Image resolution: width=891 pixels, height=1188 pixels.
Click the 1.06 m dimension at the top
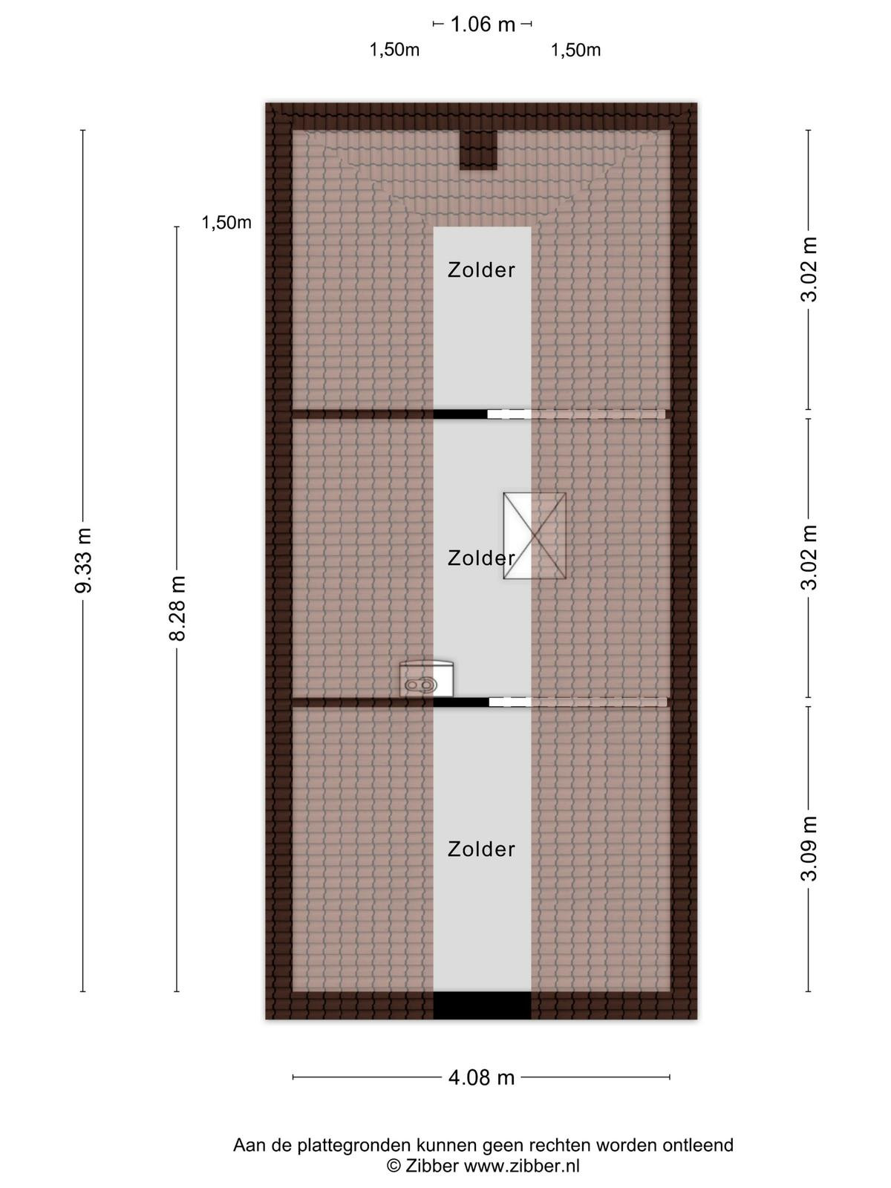[x=483, y=25]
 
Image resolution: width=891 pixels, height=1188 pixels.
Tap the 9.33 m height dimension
[x=84, y=560]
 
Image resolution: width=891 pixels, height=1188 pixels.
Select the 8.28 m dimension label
[x=177, y=608]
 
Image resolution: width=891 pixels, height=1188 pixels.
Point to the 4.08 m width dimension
[x=481, y=1077]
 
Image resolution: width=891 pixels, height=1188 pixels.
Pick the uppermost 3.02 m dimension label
[x=809, y=269]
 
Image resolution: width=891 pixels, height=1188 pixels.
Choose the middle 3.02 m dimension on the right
[x=809, y=557]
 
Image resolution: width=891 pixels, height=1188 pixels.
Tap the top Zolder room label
[x=481, y=270]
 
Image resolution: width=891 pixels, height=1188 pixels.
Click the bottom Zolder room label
[x=481, y=849]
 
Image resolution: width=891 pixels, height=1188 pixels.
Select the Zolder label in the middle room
[x=481, y=558]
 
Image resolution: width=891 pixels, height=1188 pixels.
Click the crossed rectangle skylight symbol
[x=535, y=536]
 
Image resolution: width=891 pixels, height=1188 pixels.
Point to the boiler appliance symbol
[x=426, y=679]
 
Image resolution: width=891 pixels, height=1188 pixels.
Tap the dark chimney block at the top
[x=478, y=150]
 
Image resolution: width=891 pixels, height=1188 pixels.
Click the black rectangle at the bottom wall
[x=482, y=1005]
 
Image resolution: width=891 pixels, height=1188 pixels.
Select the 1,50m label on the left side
[x=226, y=223]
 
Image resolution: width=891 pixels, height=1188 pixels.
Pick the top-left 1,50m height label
[x=394, y=50]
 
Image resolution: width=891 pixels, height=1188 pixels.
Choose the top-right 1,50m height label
[x=575, y=50]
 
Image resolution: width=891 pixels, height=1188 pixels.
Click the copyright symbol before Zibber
[x=394, y=1166]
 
